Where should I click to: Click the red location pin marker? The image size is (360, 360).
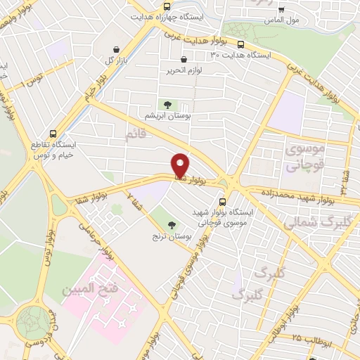(x=181, y=165)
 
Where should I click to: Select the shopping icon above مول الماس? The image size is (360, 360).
(x=282, y=10)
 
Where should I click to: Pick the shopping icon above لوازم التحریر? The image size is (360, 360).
(x=184, y=60)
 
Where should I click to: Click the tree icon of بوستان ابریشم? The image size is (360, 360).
(x=167, y=105)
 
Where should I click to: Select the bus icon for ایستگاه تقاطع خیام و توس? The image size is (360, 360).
(x=53, y=134)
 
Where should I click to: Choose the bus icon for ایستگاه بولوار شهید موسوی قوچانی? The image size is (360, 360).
(x=222, y=198)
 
